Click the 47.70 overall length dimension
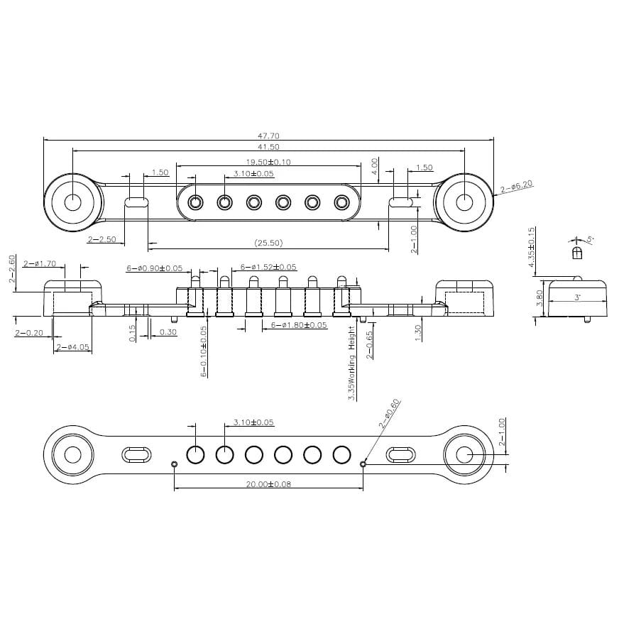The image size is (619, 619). [268, 135]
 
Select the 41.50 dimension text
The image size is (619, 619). [268, 147]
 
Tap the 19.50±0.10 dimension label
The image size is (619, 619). [268, 162]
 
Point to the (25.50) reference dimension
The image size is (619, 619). [268, 243]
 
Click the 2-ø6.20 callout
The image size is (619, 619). [516, 187]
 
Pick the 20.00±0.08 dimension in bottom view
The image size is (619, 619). [268, 484]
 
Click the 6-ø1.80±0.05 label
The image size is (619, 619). [299, 325]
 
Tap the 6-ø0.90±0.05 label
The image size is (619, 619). [154, 268]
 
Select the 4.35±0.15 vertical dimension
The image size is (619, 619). [532, 248]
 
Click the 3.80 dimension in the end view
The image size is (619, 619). [540, 297]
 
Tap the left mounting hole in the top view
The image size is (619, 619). [73, 202]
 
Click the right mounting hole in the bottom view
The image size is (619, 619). [464, 454]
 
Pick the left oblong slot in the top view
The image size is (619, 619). [136, 202]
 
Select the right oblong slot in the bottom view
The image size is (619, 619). [401, 454]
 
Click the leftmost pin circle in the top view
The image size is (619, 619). [195, 203]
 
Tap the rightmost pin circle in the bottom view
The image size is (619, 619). [342, 454]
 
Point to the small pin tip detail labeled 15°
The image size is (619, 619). [577, 252]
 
